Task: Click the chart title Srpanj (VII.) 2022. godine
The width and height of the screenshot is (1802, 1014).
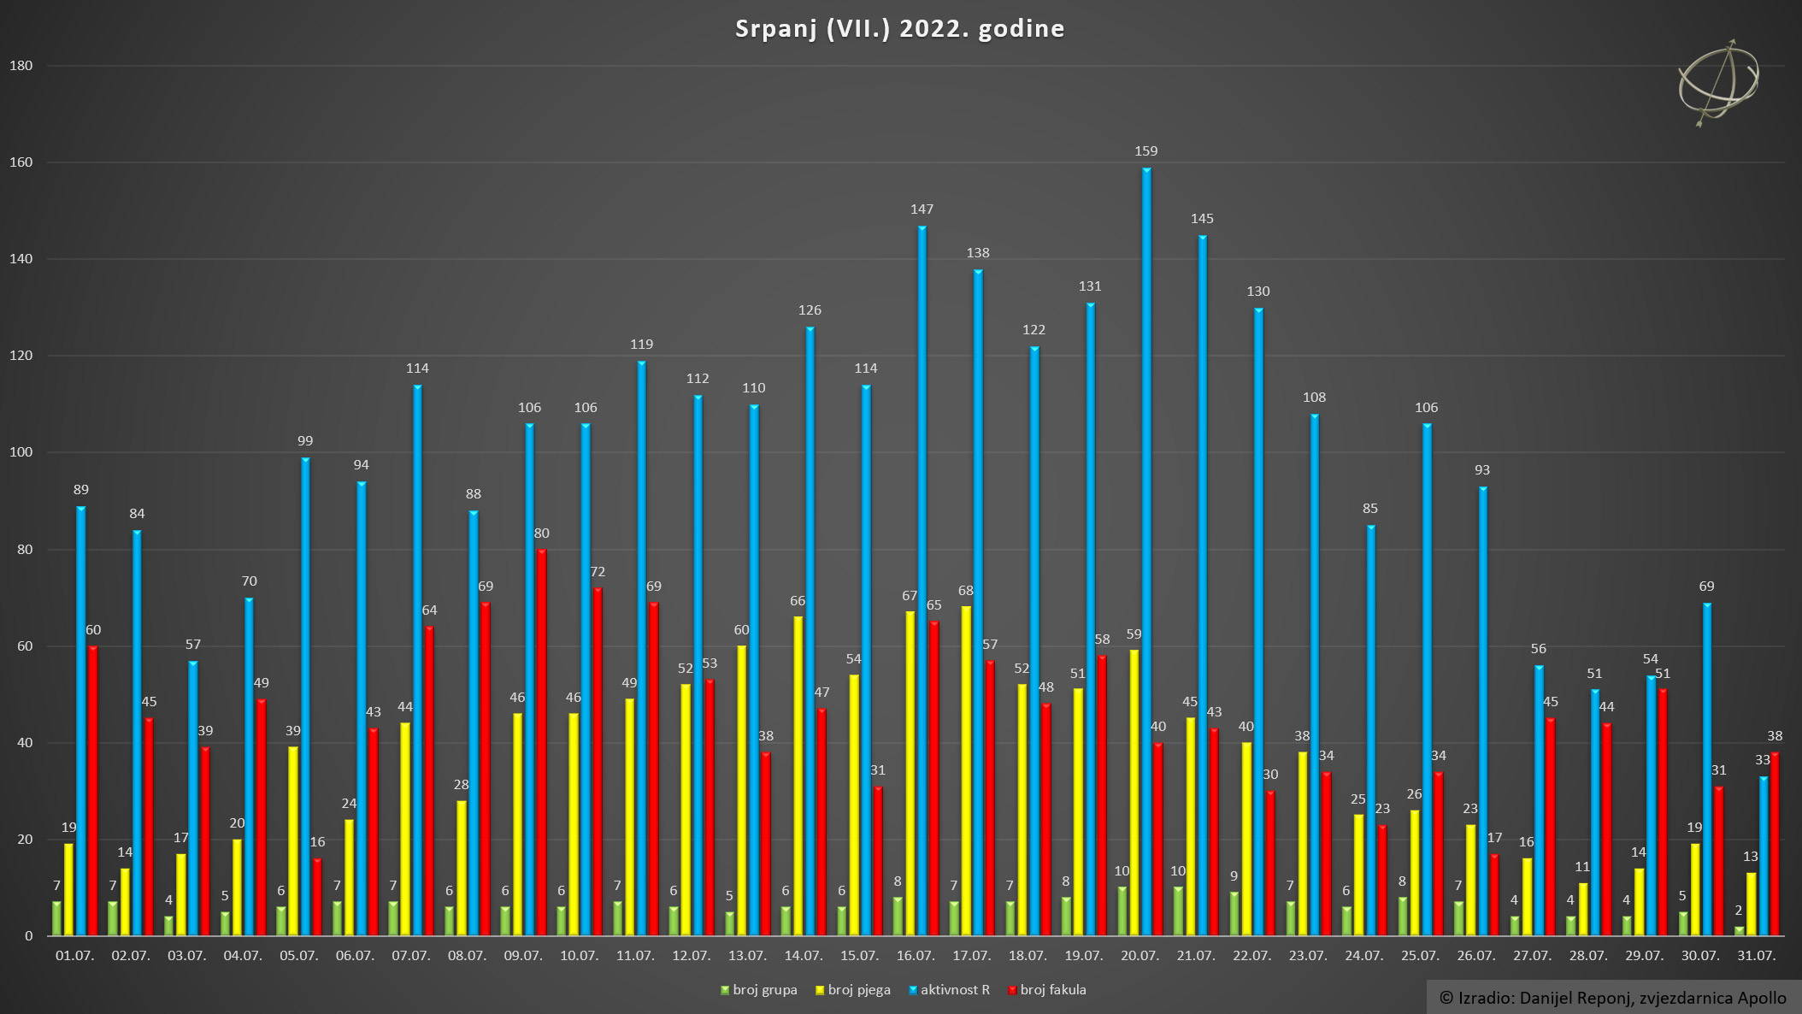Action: (899, 29)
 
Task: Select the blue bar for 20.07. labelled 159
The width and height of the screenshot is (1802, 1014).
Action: (1146, 551)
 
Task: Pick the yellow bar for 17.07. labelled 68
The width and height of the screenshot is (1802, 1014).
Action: (966, 770)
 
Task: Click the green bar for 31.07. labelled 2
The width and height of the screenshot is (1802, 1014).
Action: (1739, 930)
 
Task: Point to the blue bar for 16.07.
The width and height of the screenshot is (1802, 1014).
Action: (922, 581)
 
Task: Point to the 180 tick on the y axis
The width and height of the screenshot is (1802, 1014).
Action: (21, 66)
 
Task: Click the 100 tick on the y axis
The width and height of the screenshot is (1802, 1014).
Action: (21, 452)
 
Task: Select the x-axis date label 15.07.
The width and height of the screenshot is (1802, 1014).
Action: (859, 956)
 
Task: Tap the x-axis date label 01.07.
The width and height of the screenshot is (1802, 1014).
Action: (74, 956)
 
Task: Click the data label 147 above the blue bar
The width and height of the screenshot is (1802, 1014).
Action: (922, 209)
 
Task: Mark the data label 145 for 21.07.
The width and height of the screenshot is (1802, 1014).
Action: (1202, 219)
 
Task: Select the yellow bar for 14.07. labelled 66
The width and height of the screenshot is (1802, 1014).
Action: (798, 775)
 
